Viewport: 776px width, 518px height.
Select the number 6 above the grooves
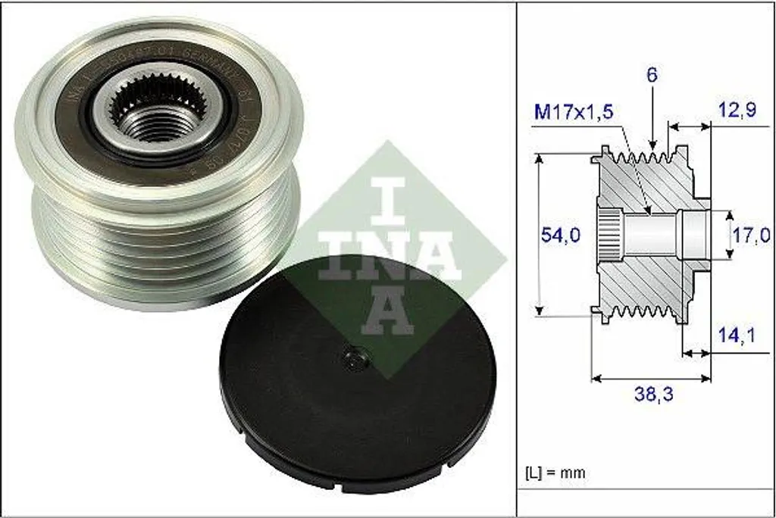tap(652, 75)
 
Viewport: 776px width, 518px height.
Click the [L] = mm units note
tap(555, 473)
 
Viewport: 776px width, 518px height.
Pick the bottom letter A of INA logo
tap(387, 311)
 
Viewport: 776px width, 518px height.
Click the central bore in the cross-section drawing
tap(652, 235)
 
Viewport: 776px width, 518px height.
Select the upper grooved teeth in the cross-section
tap(644, 157)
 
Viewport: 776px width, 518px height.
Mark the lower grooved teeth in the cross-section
tap(644, 312)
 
